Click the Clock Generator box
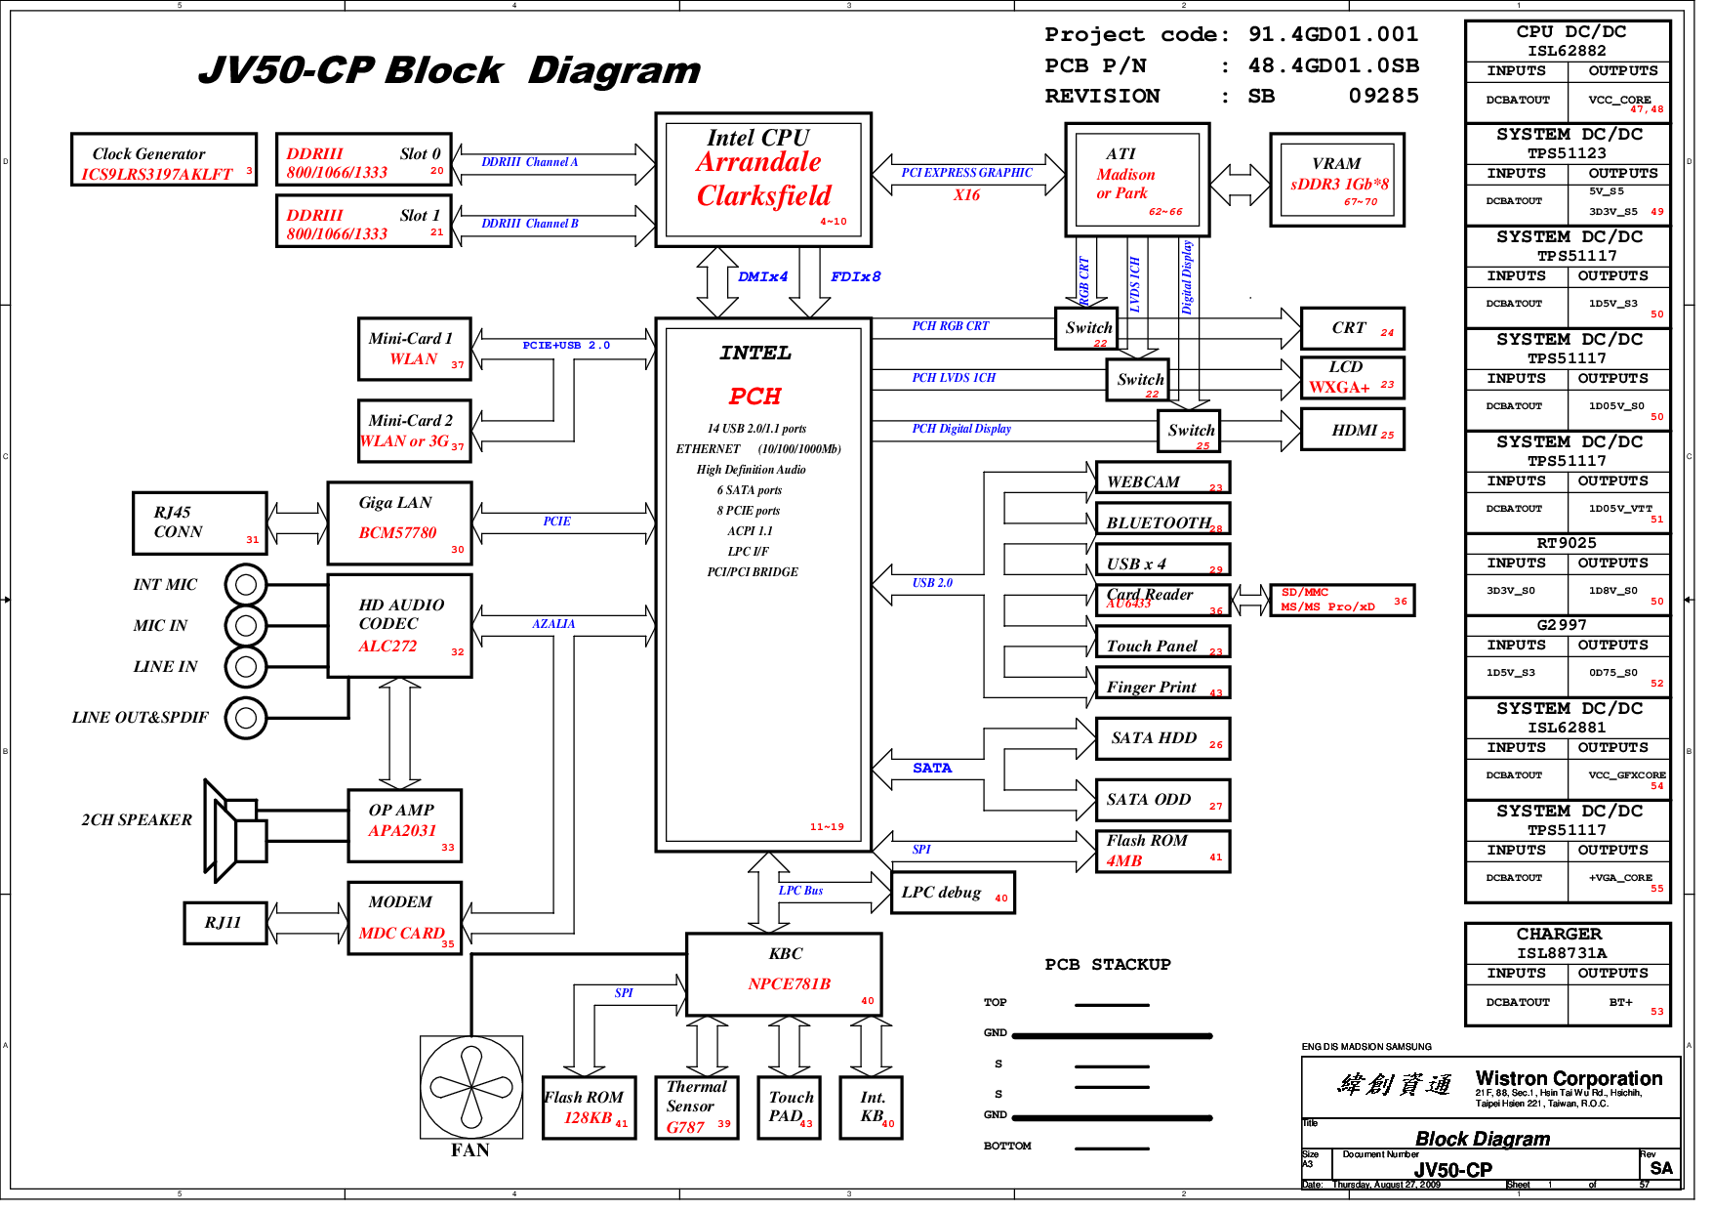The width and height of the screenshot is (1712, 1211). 163,160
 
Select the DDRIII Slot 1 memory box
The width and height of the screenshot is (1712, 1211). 363,223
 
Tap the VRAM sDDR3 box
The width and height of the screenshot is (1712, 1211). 1336,181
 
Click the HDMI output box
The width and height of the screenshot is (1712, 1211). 1352,430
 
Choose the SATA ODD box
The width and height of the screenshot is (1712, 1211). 1162,800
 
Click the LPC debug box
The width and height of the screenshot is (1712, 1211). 952,893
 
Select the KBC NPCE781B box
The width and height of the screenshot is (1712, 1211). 784,974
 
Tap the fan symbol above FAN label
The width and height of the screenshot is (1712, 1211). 471,1087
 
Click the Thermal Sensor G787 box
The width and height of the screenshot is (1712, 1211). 696,1107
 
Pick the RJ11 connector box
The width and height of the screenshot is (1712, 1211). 224,923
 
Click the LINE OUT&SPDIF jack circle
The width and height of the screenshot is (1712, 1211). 246,718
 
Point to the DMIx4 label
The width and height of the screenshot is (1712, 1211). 762,277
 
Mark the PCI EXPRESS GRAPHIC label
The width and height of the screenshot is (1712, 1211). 966,173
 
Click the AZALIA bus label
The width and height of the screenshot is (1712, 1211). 553,624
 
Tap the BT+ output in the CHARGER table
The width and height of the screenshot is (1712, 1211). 1620,1003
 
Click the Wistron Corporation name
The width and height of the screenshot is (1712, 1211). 1568,1079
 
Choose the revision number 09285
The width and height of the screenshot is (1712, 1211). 1383,97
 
